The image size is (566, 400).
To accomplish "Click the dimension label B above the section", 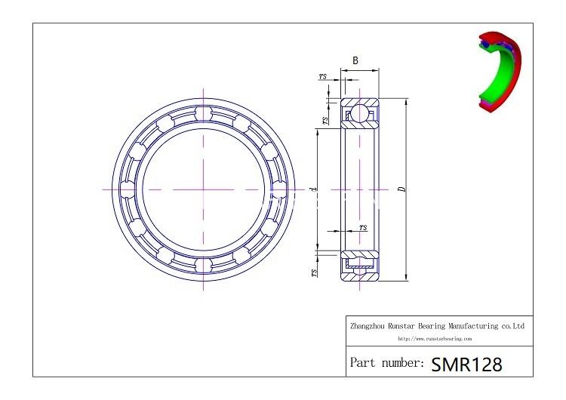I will (355, 60).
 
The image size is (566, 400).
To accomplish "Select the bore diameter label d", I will (312, 189).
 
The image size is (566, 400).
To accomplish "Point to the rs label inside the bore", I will (363, 226).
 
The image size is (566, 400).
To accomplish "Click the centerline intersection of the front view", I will (202, 189).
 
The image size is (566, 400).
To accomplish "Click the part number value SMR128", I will (466, 364).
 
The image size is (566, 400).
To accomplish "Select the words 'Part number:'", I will (386, 363).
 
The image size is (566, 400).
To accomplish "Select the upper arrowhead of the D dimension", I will (406, 101).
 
